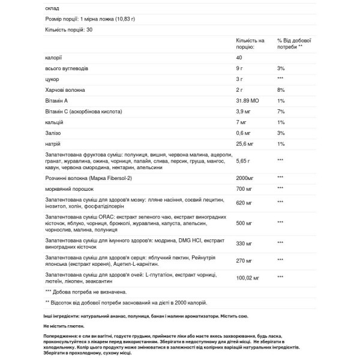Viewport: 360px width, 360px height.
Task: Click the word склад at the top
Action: click(x=52, y=8)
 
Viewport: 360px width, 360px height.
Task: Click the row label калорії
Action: click(x=53, y=58)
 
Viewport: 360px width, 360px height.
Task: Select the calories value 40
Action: click(x=240, y=58)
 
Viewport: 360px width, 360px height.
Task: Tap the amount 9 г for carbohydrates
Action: click(x=241, y=69)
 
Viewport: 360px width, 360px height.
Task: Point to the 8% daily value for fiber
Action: click(x=281, y=91)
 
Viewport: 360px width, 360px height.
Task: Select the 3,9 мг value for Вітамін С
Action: click(x=245, y=112)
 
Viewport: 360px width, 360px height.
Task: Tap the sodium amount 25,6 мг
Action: click(x=247, y=145)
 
